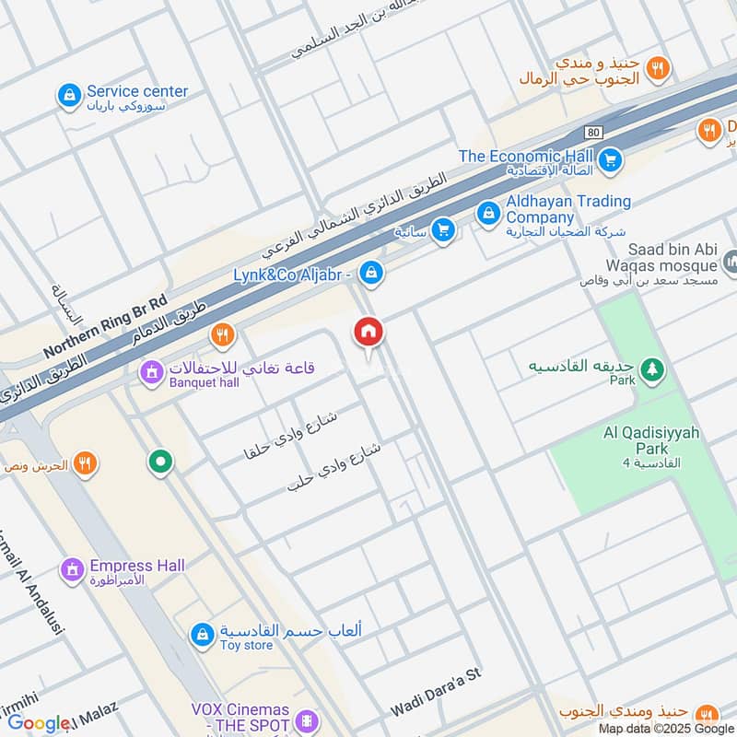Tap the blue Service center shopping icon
pyautogui.click(x=69, y=95)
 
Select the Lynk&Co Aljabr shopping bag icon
pyautogui.click(x=371, y=273)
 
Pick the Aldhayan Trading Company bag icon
pyautogui.click(x=487, y=213)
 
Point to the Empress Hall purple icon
pyautogui.click(x=72, y=570)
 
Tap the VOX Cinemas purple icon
pyautogui.click(x=308, y=719)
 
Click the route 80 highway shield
pyautogui.click(x=592, y=133)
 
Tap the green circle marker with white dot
pyautogui.click(x=161, y=462)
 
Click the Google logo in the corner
pyautogui.click(x=39, y=723)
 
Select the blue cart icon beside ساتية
pyautogui.click(x=443, y=230)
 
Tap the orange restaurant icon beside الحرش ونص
pyautogui.click(x=85, y=464)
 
